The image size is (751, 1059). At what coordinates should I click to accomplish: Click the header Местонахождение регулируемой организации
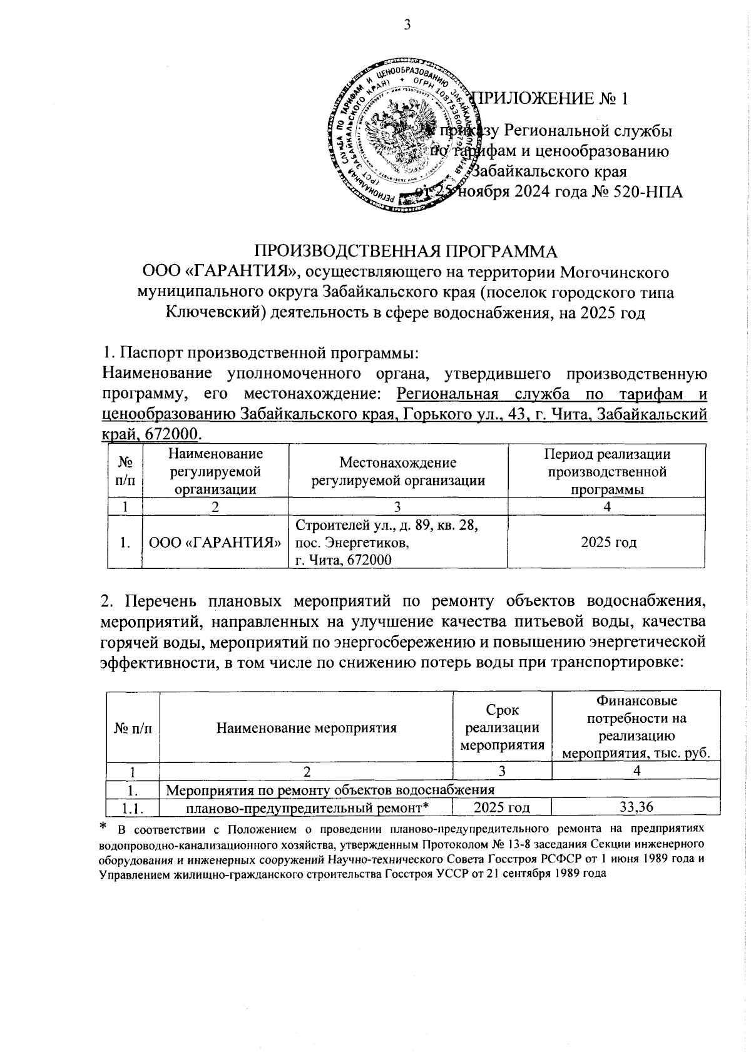398,471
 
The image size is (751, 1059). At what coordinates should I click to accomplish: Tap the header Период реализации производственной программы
606,471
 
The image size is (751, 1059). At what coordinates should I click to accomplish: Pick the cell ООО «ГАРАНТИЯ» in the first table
215,542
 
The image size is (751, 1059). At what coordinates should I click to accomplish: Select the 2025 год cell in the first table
606,542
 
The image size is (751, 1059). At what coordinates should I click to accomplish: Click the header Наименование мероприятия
306,728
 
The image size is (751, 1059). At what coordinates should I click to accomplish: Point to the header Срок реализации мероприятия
502,728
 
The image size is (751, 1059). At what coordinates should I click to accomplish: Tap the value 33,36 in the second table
636,807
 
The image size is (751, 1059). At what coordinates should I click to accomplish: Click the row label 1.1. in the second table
132,807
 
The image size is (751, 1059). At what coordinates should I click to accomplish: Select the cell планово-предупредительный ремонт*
307,807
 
